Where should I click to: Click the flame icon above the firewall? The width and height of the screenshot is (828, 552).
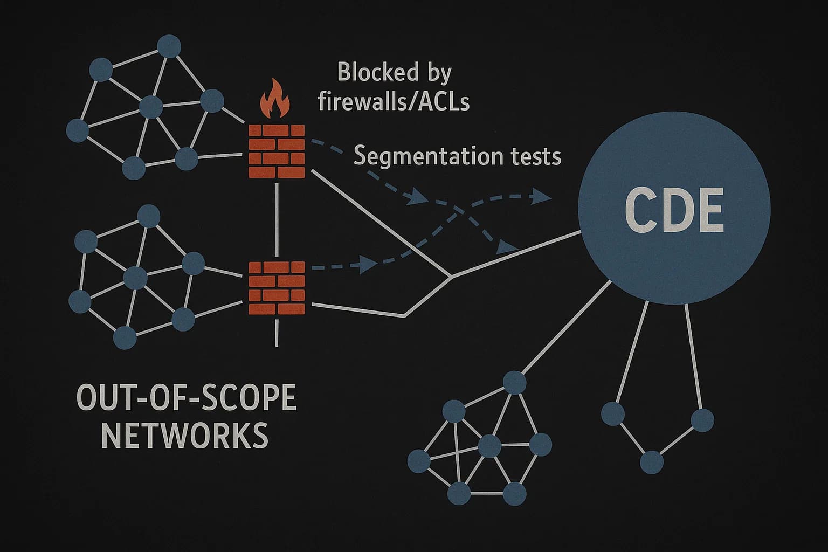[275, 99]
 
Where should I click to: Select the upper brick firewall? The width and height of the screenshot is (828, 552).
[277, 151]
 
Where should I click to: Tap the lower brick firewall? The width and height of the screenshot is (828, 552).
[277, 288]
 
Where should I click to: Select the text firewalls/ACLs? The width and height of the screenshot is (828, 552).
[394, 101]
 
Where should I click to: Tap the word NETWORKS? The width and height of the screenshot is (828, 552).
[185, 436]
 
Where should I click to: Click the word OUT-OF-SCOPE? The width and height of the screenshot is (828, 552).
[187, 399]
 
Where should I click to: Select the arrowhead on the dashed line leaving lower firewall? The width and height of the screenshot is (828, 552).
[369, 264]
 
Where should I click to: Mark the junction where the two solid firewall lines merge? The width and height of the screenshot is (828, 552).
[450, 277]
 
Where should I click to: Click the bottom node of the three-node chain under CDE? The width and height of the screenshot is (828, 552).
[651, 463]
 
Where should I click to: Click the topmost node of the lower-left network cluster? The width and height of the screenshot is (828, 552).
[149, 216]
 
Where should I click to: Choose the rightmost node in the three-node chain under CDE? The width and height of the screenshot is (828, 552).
[702, 419]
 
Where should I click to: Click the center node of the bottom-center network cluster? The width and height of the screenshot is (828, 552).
[489, 445]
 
